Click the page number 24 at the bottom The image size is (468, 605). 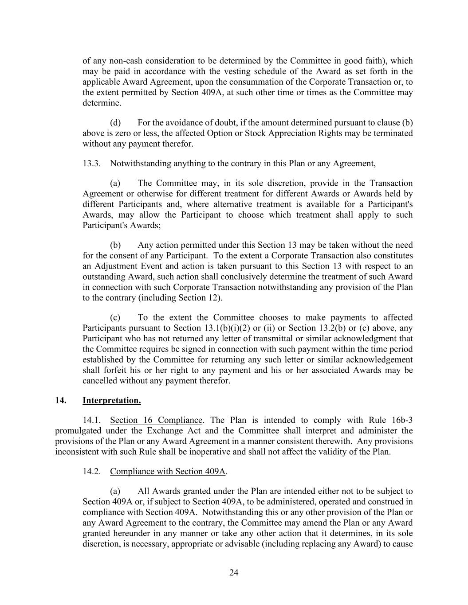(x=234, y=573)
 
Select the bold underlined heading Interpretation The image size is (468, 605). (x=112, y=401)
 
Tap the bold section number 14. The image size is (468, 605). (x=61, y=401)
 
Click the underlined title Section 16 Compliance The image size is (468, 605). (x=156, y=420)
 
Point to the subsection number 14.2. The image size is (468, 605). (x=91, y=472)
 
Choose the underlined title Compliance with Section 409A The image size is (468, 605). (x=168, y=472)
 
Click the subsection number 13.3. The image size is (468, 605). (x=91, y=164)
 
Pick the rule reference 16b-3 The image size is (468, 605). (x=402, y=420)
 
